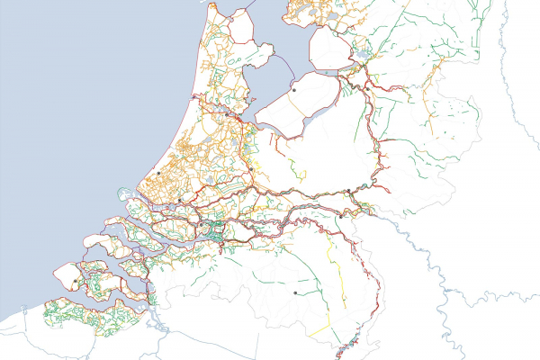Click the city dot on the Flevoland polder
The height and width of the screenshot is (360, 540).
(x=293, y=90)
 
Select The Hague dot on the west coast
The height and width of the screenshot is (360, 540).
(x=157, y=173)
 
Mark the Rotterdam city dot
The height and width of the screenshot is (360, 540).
(x=180, y=200)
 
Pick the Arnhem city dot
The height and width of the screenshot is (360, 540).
(x=347, y=192)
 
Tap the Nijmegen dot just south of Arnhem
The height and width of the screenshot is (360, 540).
(x=342, y=216)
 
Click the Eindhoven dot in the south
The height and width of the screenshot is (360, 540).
(x=294, y=292)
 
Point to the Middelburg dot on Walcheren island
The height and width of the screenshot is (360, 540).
(x=75, y=283)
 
